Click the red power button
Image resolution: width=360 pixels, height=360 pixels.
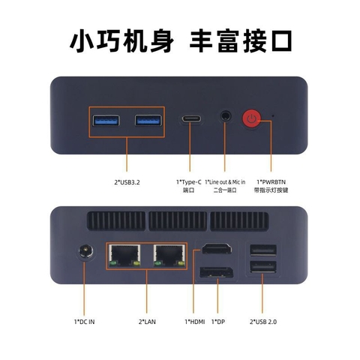tap(251, 118)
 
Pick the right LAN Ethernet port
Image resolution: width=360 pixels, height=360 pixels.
tap(169, 255)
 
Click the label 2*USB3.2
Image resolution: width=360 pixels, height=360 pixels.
tap(126, 181)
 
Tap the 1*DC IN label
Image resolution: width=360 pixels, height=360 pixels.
tap(84, 322)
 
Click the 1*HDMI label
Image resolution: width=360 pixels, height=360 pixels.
tap(194, 322)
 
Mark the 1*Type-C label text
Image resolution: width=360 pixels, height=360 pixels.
tap(188, 181)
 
